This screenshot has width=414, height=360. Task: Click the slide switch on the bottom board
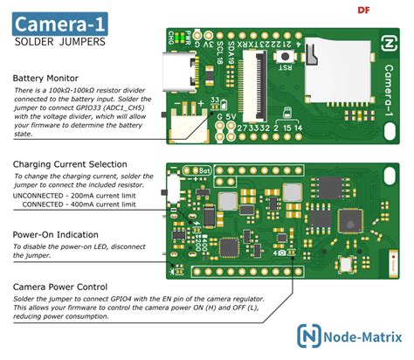pos(175,188)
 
